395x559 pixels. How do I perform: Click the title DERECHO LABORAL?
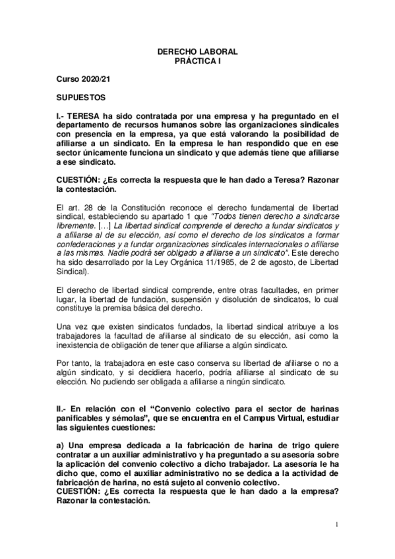[x=197, y=51]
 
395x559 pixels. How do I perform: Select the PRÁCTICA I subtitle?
[x=197, y=60]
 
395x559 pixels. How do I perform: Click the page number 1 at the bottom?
[x=336, y=525]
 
